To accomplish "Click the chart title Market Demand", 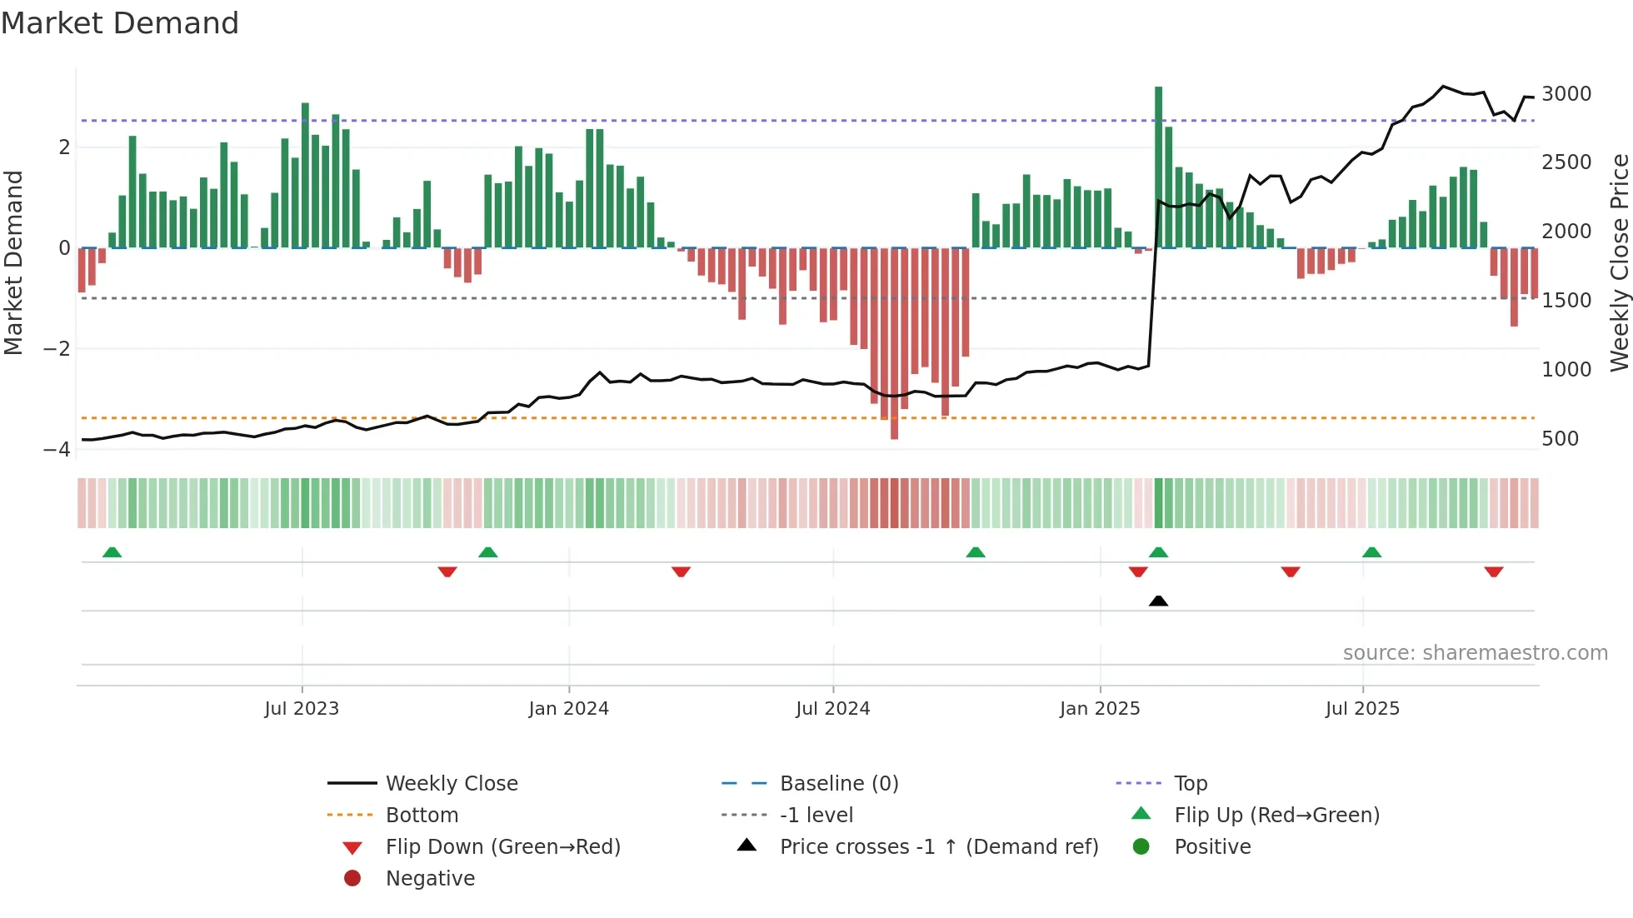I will coord(120,23).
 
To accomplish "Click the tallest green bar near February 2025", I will coord(1158,167).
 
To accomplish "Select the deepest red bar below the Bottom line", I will coord(894,429).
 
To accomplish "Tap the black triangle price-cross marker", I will coord(1158,601).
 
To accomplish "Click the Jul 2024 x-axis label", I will coord(832,709).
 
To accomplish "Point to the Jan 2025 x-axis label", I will coord(1099,709).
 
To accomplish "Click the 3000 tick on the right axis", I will coord(1566,94).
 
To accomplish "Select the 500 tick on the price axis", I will coord(1560,439).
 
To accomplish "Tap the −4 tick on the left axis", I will coord(57,450).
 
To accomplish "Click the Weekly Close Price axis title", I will coord(1619,262).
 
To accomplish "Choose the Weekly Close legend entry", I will coord(451,784).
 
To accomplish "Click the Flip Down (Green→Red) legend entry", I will coord(502,847).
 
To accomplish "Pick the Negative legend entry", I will coord(430,879).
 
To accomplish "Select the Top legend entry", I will coord(1190,784).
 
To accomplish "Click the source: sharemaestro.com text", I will coord(1475,653).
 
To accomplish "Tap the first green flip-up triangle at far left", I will coord(112,552).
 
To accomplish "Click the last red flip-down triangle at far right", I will coord(1493,571).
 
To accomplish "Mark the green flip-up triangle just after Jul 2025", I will coord(1371,552).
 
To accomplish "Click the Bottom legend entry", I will coord(422,816).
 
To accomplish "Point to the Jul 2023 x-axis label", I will coord(302,709).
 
